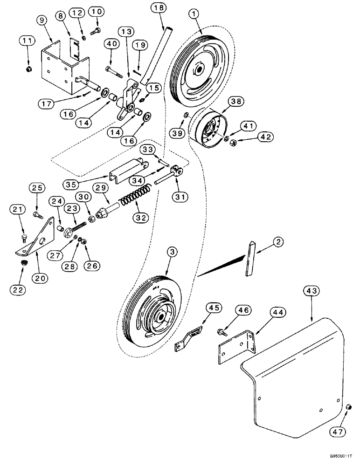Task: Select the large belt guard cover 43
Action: (289, 377)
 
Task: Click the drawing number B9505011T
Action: (336, 459)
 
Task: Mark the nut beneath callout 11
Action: (28, 69)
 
